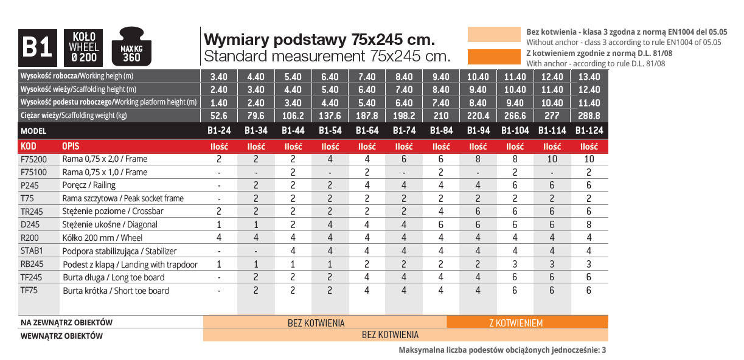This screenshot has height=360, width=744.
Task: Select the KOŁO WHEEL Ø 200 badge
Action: click(84, 47)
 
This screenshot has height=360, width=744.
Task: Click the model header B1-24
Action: click(219, 131)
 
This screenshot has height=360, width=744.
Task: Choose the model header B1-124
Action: click(588, 131)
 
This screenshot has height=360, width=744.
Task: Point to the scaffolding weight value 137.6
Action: click(330, 116)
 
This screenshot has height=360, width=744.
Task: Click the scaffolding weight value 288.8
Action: click(588, 116)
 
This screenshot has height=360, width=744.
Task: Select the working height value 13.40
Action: click(588, 77)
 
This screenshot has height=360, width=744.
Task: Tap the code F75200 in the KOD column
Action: click(33, 159)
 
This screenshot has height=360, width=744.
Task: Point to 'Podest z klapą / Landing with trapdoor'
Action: click(130, 265)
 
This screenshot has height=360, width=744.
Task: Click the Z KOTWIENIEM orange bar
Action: click(516, 323)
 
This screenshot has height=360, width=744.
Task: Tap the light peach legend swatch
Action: click(493, 35)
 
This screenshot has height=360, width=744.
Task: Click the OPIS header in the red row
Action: click(71, 147)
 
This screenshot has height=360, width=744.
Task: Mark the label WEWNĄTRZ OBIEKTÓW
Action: click(61, 335)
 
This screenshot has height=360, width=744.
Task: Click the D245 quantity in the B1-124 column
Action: click(588, 224)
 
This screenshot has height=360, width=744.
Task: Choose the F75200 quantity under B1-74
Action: click(404, 159)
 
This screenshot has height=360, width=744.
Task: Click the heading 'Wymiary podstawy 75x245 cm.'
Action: click(319, 40)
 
